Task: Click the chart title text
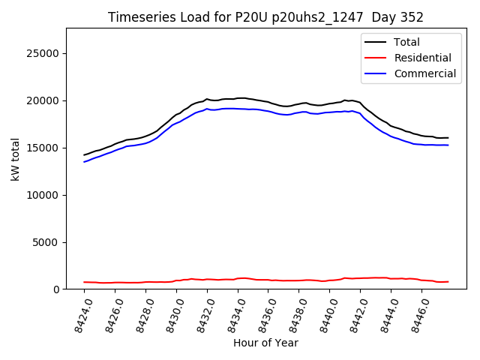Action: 265,17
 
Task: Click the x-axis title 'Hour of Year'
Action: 265,343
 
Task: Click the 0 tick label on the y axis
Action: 57,289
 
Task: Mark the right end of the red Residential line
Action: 448,282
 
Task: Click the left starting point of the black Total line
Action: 84,154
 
